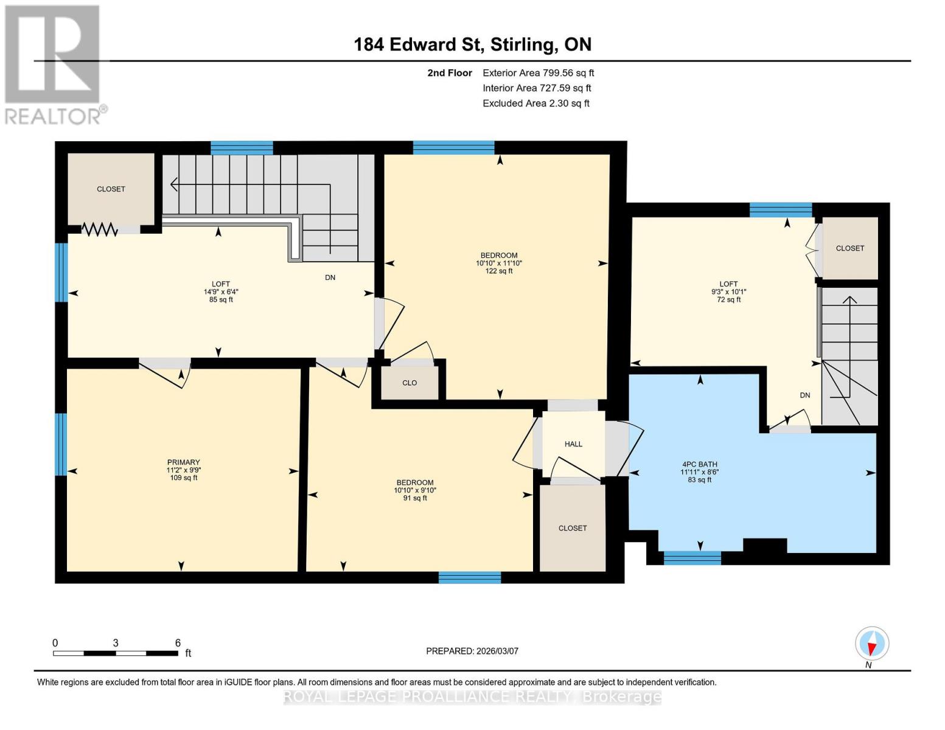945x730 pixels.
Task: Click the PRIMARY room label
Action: [184, 462]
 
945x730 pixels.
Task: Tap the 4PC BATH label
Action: [700, 464]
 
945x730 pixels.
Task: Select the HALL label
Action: [573, 444]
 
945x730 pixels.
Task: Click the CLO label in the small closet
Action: [410, 383]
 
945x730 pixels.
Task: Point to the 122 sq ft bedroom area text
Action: [499, 271]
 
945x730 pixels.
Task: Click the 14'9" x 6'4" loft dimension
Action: [221, 291]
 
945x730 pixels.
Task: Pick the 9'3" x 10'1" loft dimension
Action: [728, 291]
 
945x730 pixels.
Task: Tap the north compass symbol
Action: [872, 644]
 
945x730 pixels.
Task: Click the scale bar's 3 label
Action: [115, 642]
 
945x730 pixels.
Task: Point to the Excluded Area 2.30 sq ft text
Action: [535, 103]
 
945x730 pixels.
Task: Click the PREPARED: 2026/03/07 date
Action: [472, 651]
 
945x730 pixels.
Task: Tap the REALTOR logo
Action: [54, 64]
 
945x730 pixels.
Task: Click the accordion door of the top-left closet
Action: [99, 229]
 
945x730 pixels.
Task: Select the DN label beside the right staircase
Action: [805, 395]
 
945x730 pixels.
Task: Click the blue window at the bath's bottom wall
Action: [692, 558]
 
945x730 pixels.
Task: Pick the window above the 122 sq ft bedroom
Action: [453, 147]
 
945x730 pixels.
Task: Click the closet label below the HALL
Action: [573, 528]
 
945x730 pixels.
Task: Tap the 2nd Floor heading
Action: [450, 73]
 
